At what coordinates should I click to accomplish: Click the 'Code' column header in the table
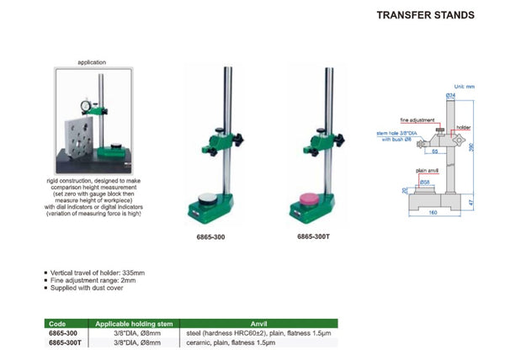[x=58, y=322]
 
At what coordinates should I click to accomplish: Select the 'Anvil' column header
[x=258, y=322]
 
